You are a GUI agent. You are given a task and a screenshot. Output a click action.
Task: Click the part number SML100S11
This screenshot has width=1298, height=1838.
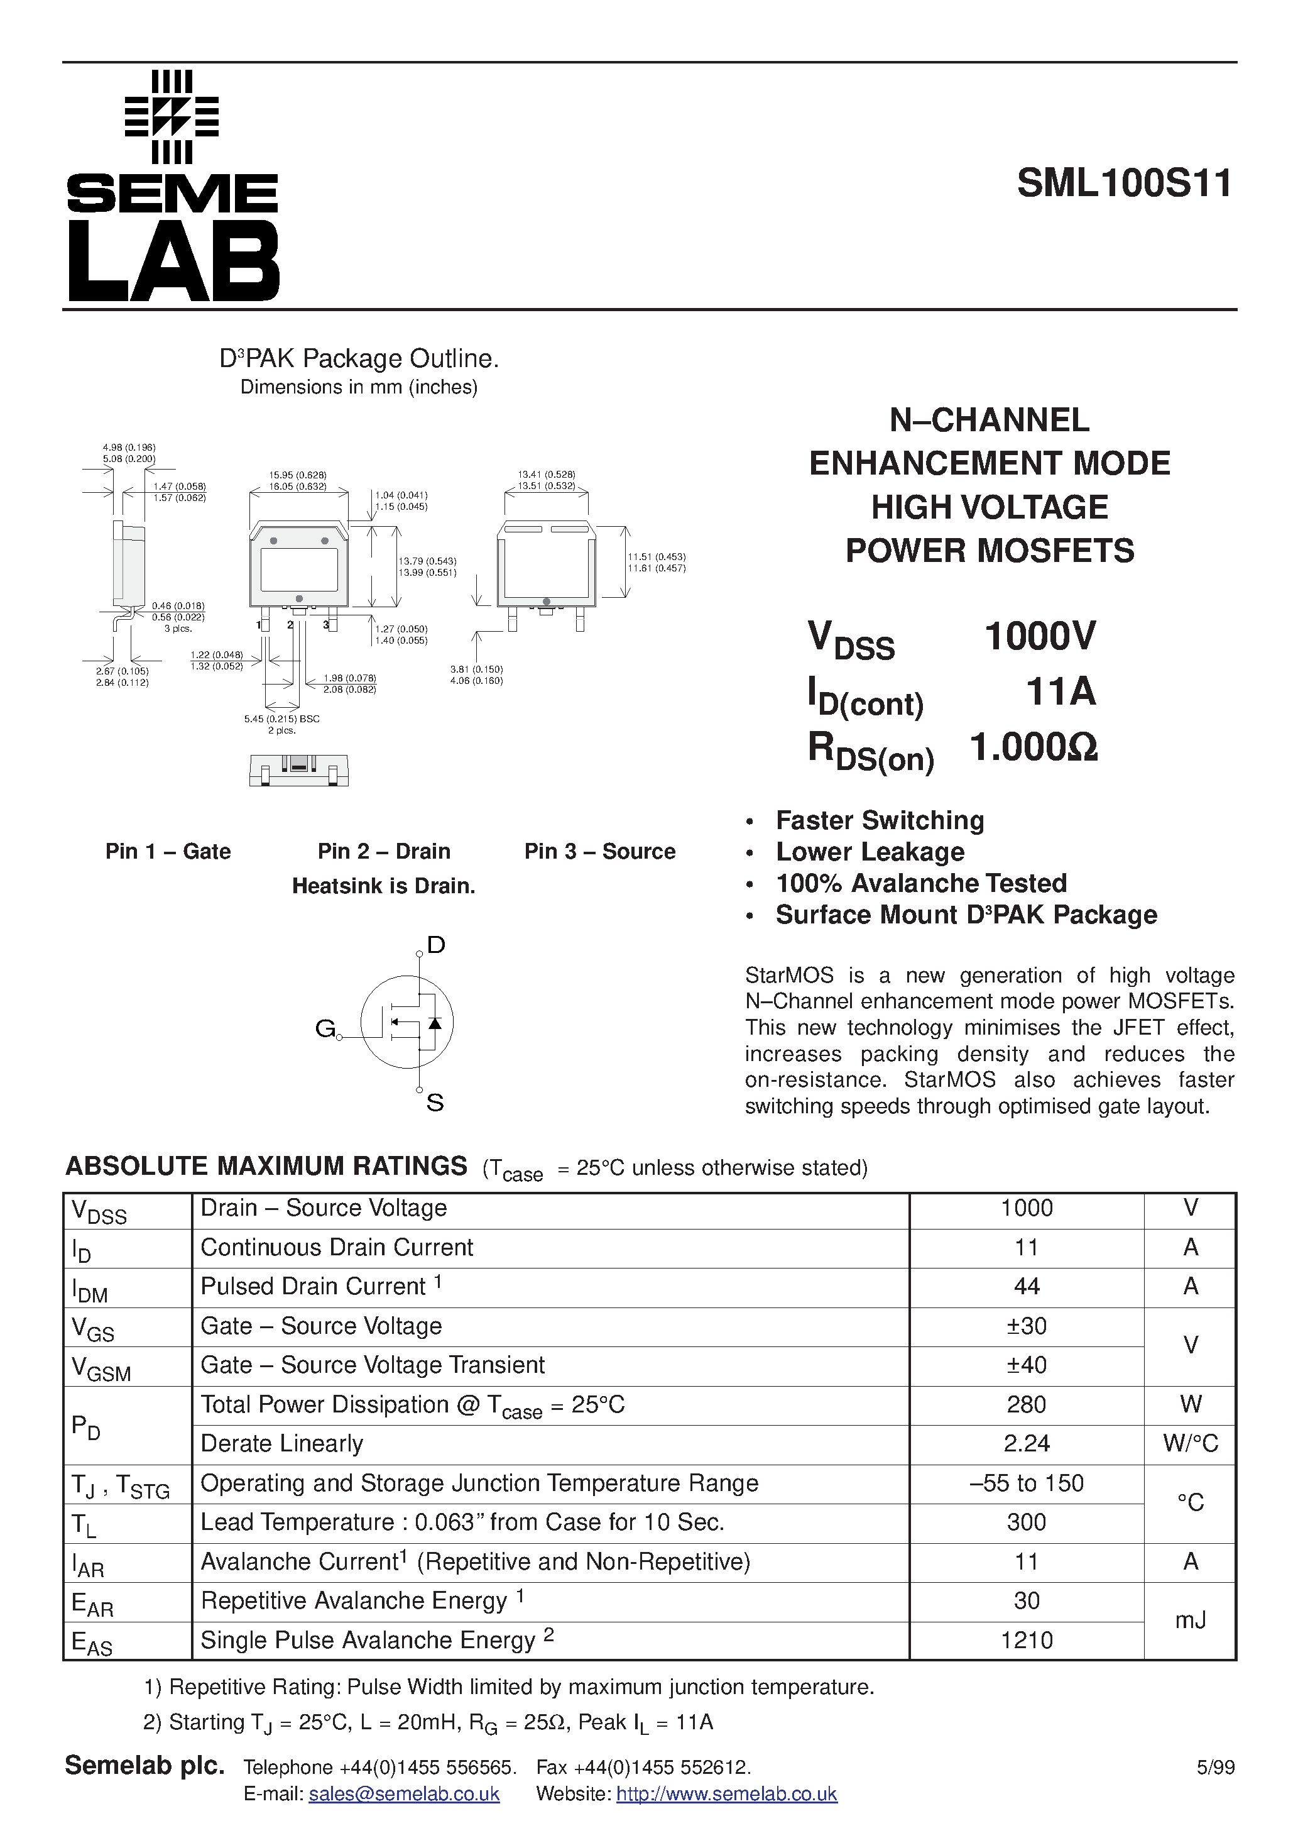[x=1125, y=184]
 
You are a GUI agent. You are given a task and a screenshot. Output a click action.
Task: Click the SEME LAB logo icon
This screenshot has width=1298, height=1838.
[x=172, y=117]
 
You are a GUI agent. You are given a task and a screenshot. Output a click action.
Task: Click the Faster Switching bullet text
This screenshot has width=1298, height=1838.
[x=880, y=820]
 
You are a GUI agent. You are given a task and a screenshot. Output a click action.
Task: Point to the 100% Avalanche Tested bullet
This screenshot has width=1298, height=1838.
[x=921, y=883]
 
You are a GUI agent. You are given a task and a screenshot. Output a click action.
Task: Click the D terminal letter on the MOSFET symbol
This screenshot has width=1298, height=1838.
[x=436, y=945]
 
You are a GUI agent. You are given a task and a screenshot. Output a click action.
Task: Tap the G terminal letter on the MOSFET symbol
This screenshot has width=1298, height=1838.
[x=325, y=1028]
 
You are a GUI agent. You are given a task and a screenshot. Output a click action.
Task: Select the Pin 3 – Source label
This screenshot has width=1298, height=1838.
[x=599, y=851]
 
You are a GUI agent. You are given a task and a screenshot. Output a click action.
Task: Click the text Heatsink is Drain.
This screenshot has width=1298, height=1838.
[x=383, y=886]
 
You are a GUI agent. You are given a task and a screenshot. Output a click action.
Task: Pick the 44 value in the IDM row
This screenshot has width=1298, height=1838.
[x=1026, y=1287]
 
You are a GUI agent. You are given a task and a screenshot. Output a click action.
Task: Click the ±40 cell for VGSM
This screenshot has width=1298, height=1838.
[x=1026, y=1365]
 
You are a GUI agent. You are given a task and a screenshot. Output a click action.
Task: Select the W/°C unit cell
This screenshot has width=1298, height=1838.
[x=1190, y=1443]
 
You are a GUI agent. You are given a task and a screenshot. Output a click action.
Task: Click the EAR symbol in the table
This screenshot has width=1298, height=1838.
[x=92, y=1604]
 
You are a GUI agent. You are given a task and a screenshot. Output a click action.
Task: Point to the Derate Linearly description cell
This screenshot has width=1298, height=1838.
[x=281, y=1443]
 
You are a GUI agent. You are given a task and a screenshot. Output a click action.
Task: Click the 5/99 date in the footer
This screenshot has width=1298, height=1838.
[x=1215, y=1768]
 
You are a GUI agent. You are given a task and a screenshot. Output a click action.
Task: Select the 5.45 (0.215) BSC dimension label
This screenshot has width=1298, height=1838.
[x=281, y=719]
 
